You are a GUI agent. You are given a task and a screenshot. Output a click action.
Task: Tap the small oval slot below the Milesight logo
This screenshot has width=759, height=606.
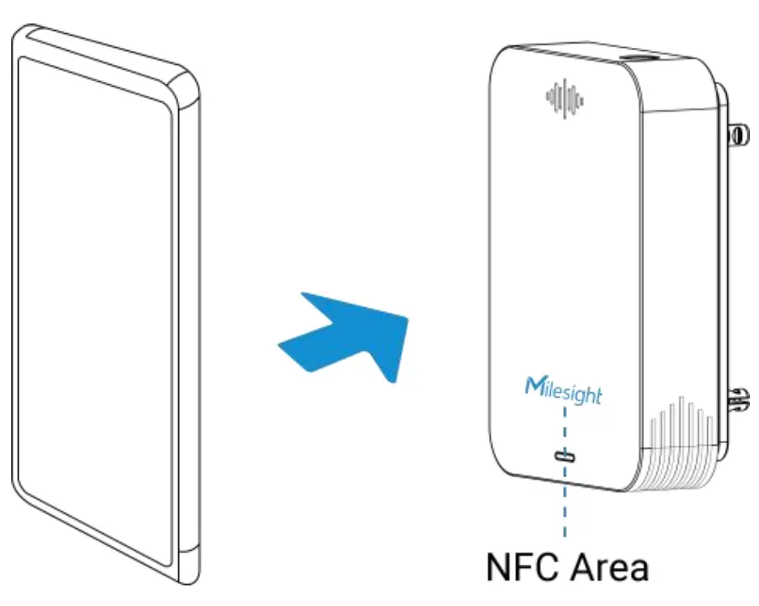click(x=565, y=456)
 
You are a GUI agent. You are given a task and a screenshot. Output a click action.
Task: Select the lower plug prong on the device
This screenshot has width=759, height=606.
click(x=738, y=398)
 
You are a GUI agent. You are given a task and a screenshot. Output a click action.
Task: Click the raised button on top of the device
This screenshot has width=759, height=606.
click(x=641, y=59)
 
